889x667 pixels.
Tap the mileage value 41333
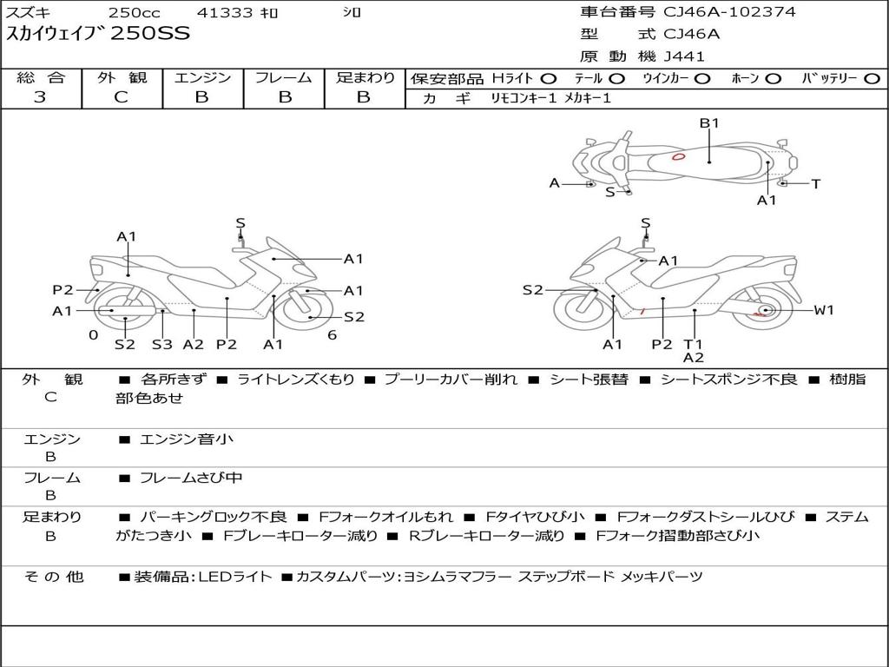point(225,13)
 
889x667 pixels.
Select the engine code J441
point(684,56)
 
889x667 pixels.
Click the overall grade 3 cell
point(40,97)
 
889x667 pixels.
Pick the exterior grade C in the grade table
point(121,97)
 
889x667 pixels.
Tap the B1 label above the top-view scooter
point(709,123)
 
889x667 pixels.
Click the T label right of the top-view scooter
point(815,184)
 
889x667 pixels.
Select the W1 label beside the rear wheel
point(823,310)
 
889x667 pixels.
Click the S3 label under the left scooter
point(161,344)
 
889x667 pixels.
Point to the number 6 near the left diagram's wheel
point(332,335)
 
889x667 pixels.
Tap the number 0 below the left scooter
point(93,335)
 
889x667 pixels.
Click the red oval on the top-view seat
point(678,157)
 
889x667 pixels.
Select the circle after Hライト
point(548,78)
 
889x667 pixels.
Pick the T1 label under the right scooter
point(693,344)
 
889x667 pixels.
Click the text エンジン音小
point(187,439)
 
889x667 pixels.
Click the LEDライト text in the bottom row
point(235,577)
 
